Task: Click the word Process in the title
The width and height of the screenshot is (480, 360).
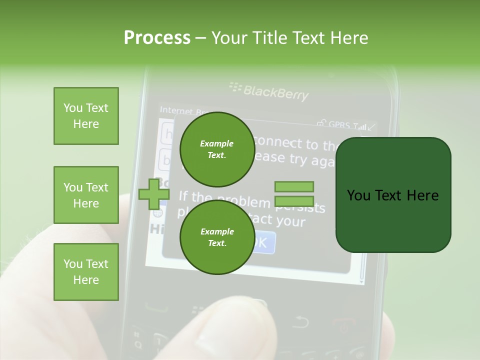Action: [x=157, y=38]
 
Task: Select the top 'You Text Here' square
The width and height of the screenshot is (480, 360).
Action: [x=86, y=116]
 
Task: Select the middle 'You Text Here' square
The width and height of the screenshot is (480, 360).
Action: [x=86, y=195]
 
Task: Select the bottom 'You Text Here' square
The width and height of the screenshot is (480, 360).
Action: [x=86, y=272]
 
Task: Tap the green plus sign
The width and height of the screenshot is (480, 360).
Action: [x=153, y=194]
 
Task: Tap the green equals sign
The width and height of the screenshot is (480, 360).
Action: [x=294, y=194]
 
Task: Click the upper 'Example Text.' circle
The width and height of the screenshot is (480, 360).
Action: [x=216, y=149]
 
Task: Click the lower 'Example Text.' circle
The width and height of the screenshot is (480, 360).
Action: [x=216, y=237]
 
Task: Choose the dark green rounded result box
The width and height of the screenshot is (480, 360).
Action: [x=393, y=195]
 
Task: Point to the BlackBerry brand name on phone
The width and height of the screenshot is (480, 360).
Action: [x=275, y=92]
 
